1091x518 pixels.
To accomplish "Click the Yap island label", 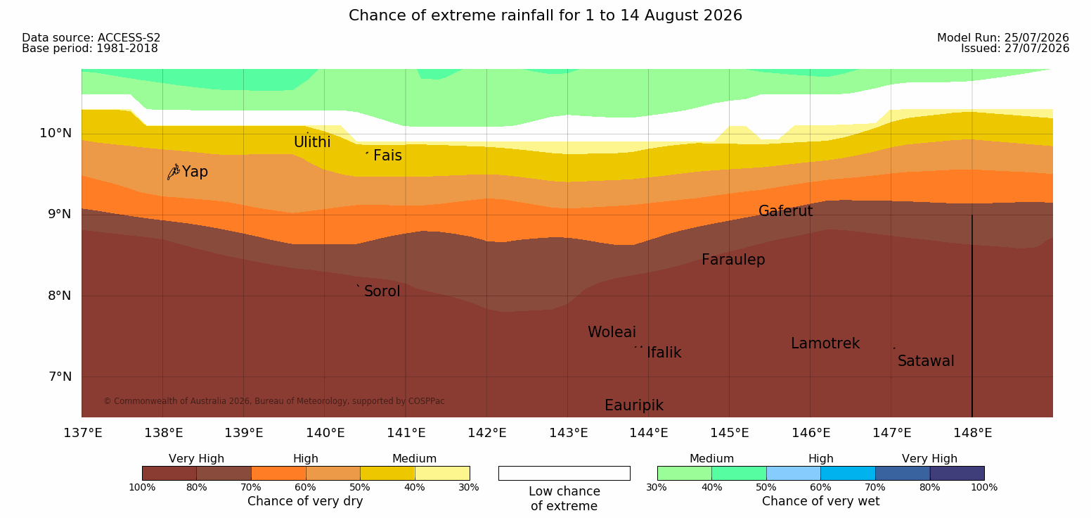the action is tap(195, 172).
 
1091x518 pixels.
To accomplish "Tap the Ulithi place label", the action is tap(312, 142).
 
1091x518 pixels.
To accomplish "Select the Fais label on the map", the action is tap(388, 156).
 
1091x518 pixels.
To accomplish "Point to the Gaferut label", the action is tap(786, 211).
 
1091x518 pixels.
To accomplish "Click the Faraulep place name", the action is tap(733, 260).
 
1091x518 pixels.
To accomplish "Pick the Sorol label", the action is tap(382, 291).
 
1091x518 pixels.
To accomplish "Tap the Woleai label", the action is tap(612, 332).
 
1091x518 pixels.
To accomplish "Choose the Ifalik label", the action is tap(664, 353).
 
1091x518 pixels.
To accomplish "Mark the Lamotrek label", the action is tap(825, 343).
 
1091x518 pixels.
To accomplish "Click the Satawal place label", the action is tap(926, 361).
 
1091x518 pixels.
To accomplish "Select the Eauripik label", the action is tap(634, 405).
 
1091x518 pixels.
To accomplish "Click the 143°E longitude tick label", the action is tap(569, 433).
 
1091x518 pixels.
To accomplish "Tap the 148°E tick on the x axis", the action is tap(972, 433).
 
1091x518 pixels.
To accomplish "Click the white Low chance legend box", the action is tap(564, 473).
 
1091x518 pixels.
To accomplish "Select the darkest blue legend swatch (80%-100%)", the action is tap(957, 473).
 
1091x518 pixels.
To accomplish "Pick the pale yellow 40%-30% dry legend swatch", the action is tap(442, 473).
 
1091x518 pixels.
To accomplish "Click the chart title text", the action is tap(545, 15).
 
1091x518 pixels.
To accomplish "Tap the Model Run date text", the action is tap(1003, 37).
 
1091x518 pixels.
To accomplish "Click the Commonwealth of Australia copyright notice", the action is tap(273, 401).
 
